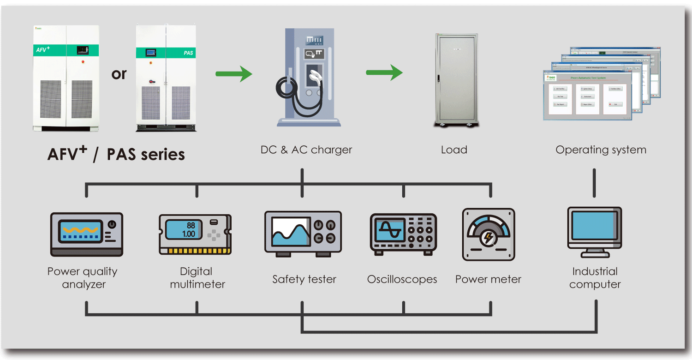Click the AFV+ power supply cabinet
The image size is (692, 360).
[66, 78]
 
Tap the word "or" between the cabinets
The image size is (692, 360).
[119, 74]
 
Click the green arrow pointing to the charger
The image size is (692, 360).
[233, 73]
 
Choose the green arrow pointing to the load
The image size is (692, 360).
[384, 72]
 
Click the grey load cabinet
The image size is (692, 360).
[456, 79]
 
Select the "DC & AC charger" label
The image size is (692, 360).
[306, 150]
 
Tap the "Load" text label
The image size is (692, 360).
[454, 150]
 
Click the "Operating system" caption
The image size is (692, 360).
[601, 150]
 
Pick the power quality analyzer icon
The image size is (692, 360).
[87, 234]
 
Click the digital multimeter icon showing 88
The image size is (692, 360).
[195, 234]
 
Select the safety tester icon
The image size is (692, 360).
[303, 234]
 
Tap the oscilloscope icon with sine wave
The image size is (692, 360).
[403, 234]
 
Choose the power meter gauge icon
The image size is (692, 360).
[489, 234]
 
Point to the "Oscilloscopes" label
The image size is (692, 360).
[402, 279]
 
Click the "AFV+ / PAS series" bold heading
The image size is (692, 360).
[116, 153]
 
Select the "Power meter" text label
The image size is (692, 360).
[488, 279]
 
